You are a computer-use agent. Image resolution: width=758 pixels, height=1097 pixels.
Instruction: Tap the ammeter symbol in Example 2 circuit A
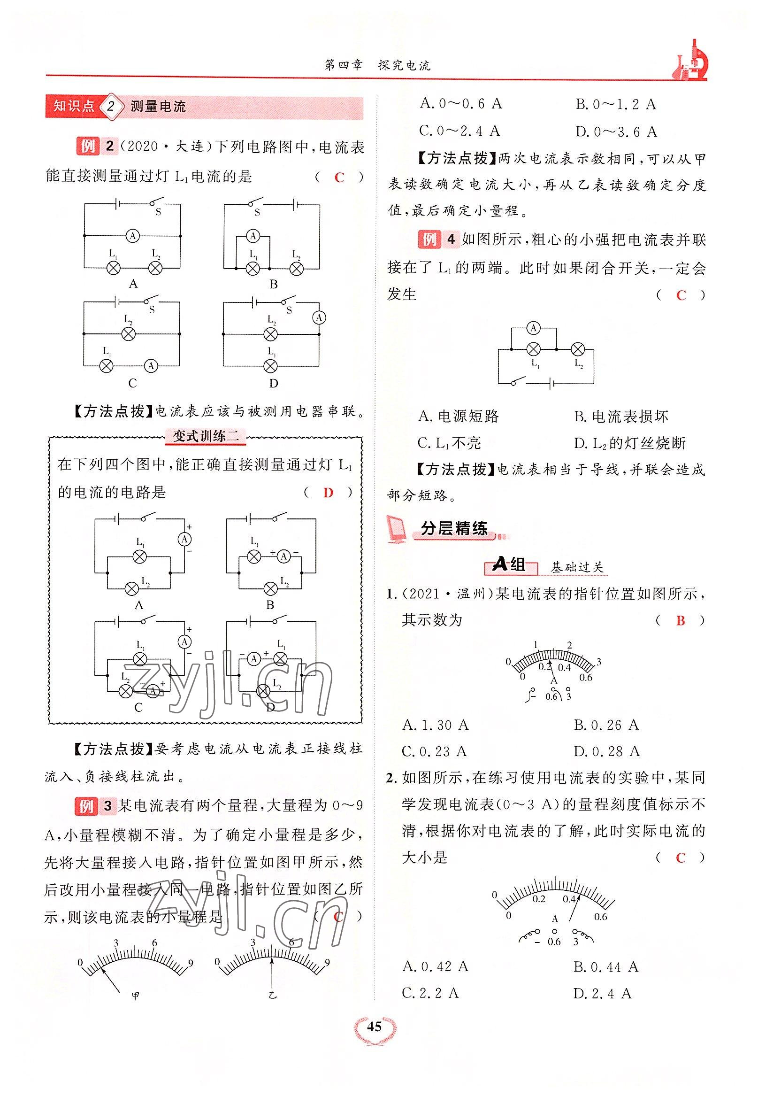pyautogui.click(x=133, y=235)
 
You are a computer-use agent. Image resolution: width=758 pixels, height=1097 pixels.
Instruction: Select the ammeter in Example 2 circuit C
pyautogui.click(x=151, y=365)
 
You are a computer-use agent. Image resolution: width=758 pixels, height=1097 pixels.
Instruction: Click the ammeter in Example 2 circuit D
pyautogui.click(x=319, y=317)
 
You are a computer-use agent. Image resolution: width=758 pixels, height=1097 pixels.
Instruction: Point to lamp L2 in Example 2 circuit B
pyautogui.click(x=297, y=269)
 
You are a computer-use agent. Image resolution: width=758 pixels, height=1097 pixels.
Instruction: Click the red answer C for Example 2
pyautogui.click(x=339, y=178)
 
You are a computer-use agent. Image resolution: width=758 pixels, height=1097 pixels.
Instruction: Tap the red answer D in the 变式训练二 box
pyautogui.click(x=328, y=493)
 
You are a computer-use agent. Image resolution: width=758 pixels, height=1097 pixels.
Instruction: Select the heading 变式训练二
pyautogui.click(x=206, y=436)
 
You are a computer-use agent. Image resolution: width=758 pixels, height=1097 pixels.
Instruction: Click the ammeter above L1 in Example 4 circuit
pyautogui.click(x=533, y=328)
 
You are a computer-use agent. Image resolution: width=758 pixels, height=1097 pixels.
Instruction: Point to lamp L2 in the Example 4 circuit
pyautogui.click(x=577, y=350)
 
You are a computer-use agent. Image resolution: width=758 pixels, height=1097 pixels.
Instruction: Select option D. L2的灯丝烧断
pyautogui.click(x=630, y=443)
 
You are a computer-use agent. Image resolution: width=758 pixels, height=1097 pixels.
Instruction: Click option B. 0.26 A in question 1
pyautogui.click(x=606, y=725)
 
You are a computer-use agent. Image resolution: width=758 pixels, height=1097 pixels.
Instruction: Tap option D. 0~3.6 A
pyautogui.click(x=616, y=131)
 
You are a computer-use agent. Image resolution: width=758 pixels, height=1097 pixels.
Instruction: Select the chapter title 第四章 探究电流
pyautogui.click(x=377, y=66)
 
